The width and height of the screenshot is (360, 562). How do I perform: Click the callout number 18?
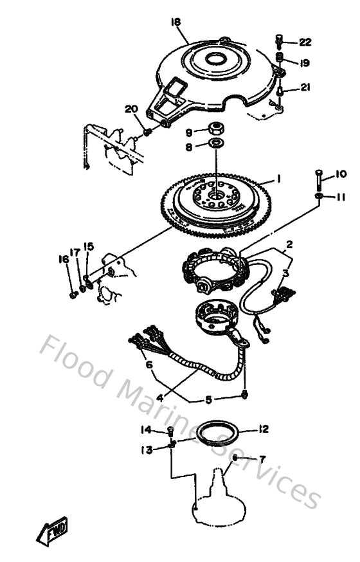tap(175, 22)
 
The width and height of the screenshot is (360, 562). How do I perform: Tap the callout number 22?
tap(305, 42)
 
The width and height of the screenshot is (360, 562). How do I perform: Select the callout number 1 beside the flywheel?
tap(279, 178)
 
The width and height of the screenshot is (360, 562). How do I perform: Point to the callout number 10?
tap(341, 174)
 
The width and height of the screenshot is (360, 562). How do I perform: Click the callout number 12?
tap(263, 429)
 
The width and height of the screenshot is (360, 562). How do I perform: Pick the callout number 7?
tap(262, 459)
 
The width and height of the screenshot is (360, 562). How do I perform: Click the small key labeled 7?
tap(236, 457)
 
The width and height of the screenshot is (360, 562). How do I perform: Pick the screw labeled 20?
tap(147, 132)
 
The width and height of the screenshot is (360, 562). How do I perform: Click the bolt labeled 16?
tap(73, 295)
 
